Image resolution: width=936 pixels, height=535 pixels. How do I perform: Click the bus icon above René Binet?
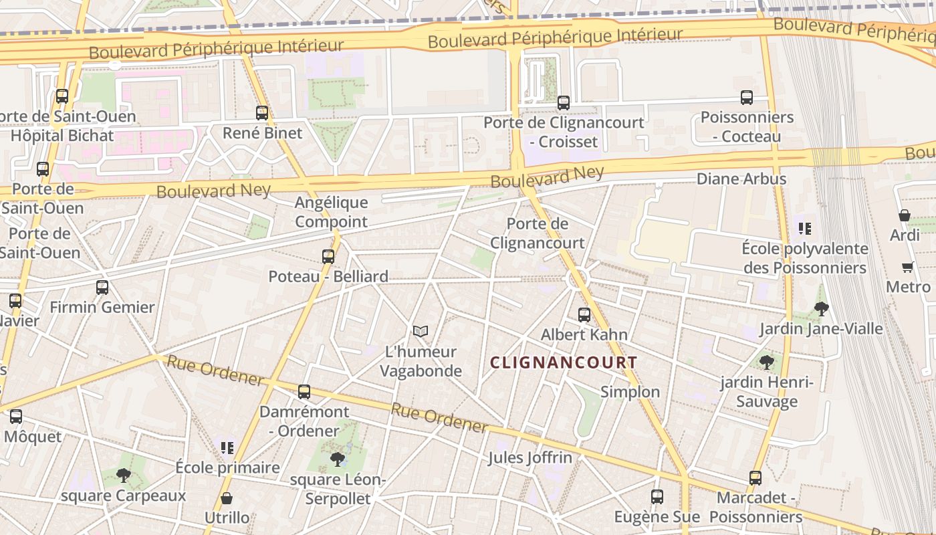pyautogui.click(x=262, y=113)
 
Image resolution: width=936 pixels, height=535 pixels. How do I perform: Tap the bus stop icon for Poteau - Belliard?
pyautogui.click(x=328, y=256)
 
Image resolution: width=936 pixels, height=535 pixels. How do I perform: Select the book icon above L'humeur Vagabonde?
pyautogui.click(x=420, y=331)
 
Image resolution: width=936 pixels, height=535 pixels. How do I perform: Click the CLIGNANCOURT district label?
pyautogui.click(x=564, y=362)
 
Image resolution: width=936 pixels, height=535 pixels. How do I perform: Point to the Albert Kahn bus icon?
pyautogui.click(x=584, y=314)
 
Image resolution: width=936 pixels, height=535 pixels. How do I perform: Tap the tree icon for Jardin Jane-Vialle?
pyautogui.click(x=822, y=309)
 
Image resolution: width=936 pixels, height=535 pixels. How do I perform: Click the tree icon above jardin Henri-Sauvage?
pyautogui.click(x=767, y=362)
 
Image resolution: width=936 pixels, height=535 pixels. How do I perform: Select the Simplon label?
pyautogui.click(x=630, y=392)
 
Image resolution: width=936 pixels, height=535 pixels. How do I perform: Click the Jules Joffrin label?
pyautogui.click(x=530, y=458)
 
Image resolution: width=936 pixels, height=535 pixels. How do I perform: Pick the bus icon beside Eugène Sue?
pyautogui.click(x=657, y=497)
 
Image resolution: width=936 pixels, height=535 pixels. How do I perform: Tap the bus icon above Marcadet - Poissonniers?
pyautogui.click(x=755, y=478)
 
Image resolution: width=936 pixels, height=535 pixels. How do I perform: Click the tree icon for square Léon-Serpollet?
pyautogui.click(x=338, y=459)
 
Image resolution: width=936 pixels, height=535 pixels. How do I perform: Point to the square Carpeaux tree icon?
pyautogui.click(x=123, y=475)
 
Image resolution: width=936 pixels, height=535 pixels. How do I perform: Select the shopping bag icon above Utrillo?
pyautogui.click(x=227, y=498)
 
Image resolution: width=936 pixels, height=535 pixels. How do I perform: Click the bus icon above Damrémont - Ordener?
pyautogui.click(x=304, y=392)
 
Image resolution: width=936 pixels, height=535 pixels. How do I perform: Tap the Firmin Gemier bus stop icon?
pyautogui.click(x=102, y=288)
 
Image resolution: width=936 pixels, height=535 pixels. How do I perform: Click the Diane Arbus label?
pyautogui.click(x=741, y=179)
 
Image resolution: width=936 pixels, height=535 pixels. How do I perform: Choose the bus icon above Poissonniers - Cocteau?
pyautogui.click(x=747, y=98)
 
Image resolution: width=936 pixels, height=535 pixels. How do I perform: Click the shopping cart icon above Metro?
pyautogui.click(x=908, y=267)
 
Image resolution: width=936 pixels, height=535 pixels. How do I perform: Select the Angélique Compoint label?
pyautogui.click(x=332, y=211)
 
